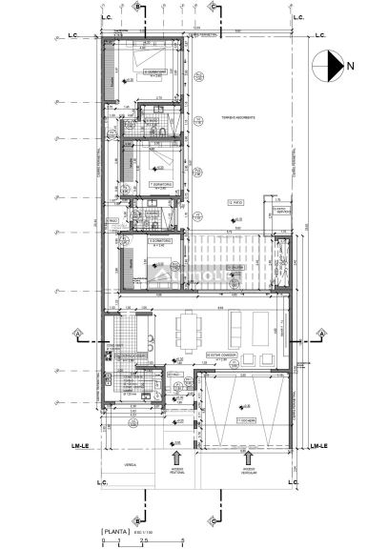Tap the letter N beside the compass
point(351,66)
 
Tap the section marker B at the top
point(138,6)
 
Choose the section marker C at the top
point(211,6)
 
